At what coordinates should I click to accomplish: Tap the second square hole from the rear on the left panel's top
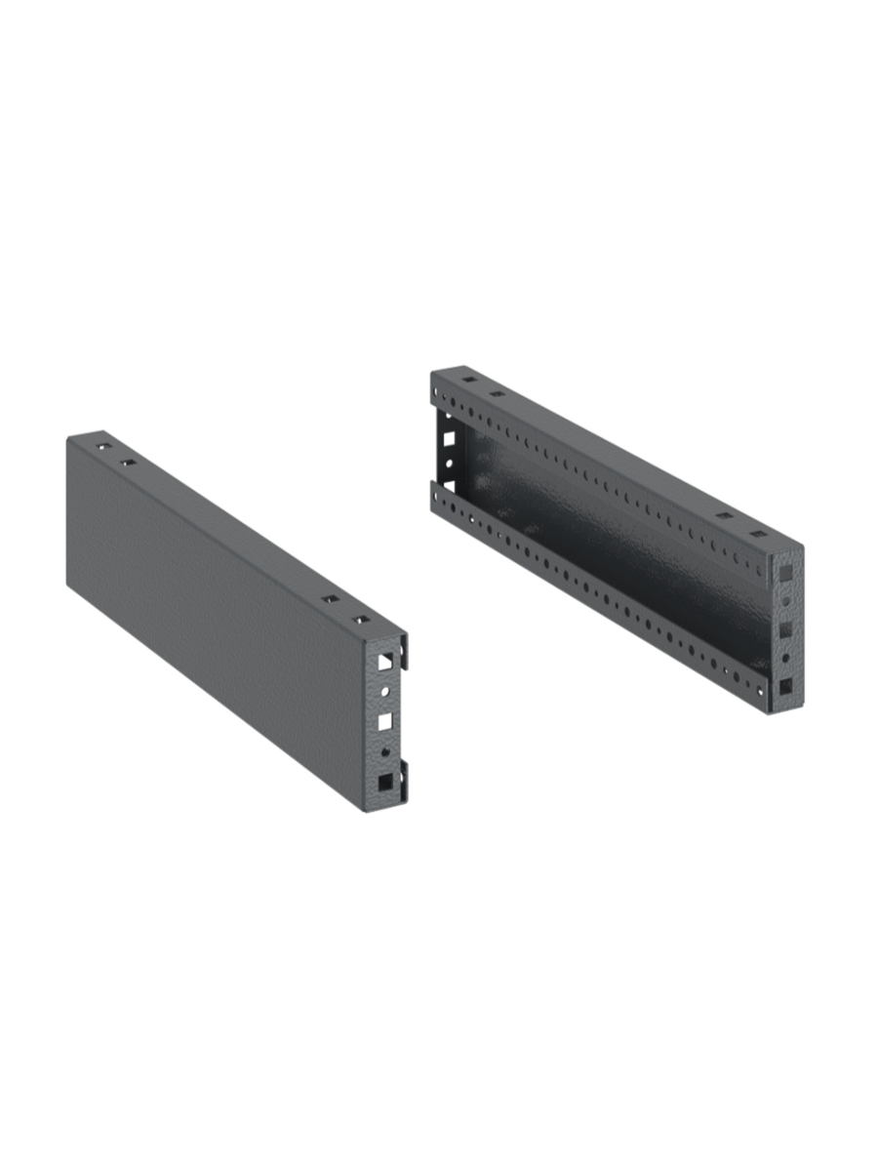tap(127, 462)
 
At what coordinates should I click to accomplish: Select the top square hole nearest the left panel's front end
tap(362, 621)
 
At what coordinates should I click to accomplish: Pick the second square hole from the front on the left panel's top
tap(331, 600)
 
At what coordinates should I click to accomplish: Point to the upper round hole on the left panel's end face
tap(386, 691)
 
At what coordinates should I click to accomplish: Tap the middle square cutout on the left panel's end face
tap(386, 721)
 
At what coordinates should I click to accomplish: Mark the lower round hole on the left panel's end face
tap(387, 752)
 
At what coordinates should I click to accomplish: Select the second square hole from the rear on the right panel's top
tap(497, 394)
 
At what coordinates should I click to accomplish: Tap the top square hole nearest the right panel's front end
tap(757, 536)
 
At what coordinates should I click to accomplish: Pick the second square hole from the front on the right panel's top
tap(723, 516)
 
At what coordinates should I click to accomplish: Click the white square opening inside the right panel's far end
tap(449, 439)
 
